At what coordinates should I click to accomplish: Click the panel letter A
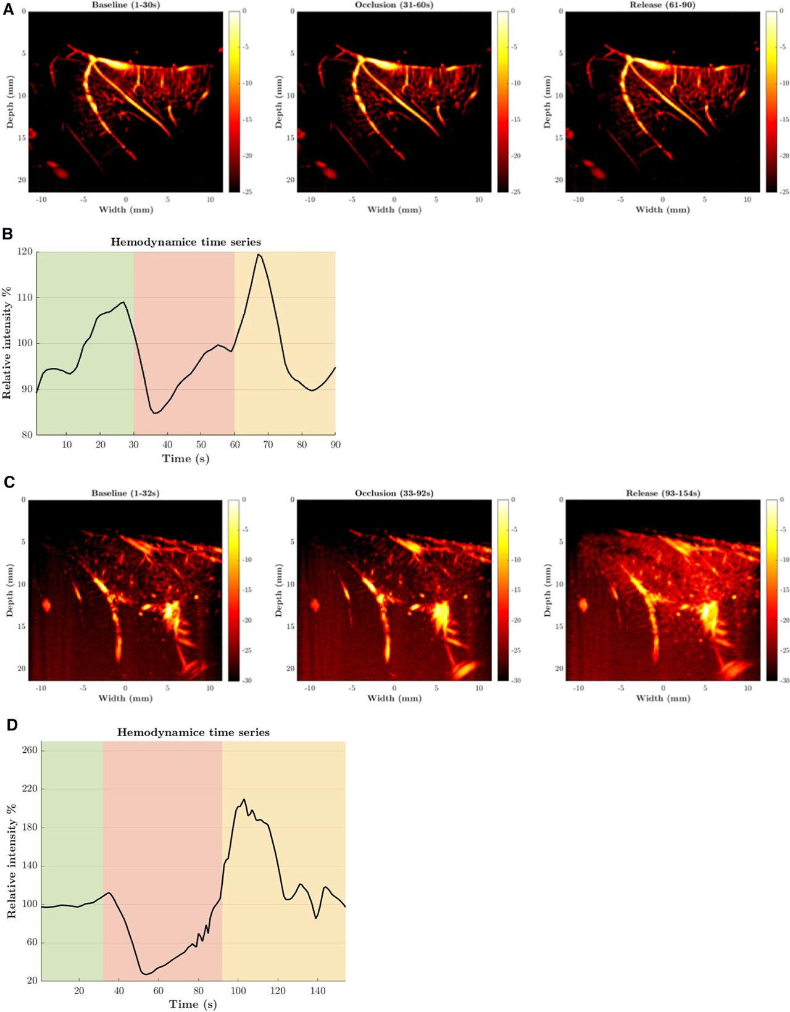[x=8, y=9]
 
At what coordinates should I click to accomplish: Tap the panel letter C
[x=9, y=481]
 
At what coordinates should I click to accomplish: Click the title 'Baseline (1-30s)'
[x=126, y=5]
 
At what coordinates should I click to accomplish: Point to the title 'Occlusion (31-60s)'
[x=394, y=5]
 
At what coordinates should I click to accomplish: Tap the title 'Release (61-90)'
[x=662, y=5]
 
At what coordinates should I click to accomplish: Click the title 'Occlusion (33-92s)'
[x=394, y=493]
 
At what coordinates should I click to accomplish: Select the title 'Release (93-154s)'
[x=663, y=493]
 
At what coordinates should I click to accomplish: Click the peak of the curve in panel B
[x=259, y=254]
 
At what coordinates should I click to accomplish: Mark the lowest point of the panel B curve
[x=155, y=413]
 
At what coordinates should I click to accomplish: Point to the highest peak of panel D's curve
[x=244, y=799]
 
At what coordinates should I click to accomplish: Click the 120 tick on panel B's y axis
[x=25, y=252]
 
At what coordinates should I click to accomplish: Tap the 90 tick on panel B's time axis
[x=335, y=444]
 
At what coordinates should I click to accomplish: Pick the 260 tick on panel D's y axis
[x=30, y=750]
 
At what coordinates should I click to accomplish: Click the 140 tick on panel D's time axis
[x=317, y=991]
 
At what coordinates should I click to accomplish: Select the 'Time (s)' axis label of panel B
[x=186, y=458]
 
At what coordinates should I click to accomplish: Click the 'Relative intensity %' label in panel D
[x=11, y=861]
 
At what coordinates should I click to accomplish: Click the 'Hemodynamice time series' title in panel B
[x=186, y=242]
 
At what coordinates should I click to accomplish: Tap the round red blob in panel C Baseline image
[x=46, y=605]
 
